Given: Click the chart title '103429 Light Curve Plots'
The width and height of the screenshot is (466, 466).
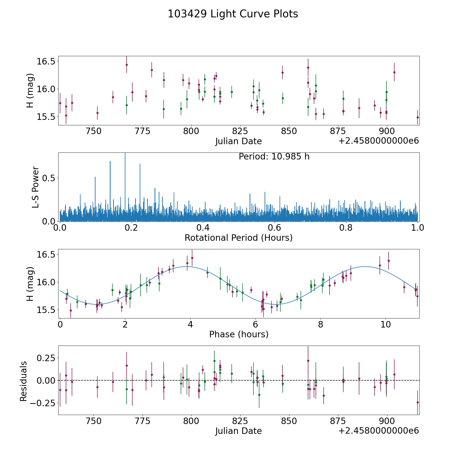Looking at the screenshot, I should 233,14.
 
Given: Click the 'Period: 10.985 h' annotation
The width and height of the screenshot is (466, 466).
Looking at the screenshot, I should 274,157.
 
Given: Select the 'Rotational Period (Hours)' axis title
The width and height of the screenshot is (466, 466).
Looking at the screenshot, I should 238,238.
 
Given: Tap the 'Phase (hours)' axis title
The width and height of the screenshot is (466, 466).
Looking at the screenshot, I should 239,334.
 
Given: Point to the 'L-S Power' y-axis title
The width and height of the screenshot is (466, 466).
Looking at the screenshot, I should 36,187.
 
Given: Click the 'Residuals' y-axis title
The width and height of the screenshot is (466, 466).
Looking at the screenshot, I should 24,381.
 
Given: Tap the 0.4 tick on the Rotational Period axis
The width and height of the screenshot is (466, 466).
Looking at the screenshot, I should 203,228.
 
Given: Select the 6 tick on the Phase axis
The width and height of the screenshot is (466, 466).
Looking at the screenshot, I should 255,324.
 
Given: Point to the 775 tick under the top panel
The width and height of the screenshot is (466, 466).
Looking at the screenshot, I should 143,131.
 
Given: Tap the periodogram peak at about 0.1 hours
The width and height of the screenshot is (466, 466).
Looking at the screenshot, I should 95,177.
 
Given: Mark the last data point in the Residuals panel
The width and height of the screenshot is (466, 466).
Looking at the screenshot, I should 418,402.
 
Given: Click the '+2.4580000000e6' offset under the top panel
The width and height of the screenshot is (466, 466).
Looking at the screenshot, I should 378,141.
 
